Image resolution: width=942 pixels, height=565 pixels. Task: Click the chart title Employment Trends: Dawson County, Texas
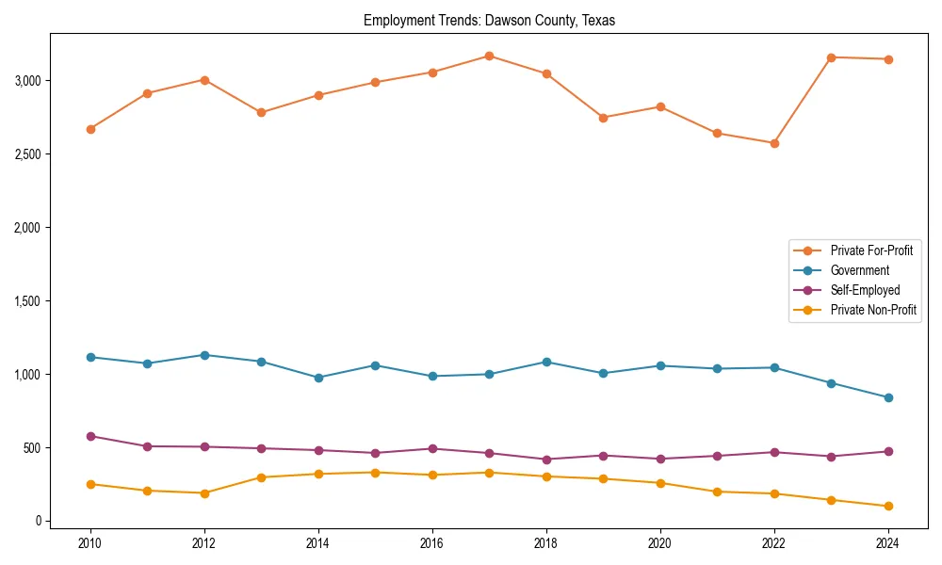click(x=489, y=21)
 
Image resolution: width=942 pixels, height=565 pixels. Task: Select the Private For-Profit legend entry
click(x=870, y=250)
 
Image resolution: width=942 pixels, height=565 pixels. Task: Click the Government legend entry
click(x=859, y=270)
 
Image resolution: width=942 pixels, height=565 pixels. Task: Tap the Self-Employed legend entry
click(x=865, y=290)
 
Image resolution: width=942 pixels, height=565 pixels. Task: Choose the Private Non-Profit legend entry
click(x=873, y=310)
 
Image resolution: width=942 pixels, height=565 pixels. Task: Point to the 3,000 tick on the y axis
click(x=28, y=80)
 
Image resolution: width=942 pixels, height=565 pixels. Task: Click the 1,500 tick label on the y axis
click(x=28, y=300)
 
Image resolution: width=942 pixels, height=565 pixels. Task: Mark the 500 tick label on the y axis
click(x=34, y=447)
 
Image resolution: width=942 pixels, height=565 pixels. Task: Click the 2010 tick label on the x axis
click(x=90, y=543)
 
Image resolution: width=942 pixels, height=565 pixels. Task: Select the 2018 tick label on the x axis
click(x=546, y=543)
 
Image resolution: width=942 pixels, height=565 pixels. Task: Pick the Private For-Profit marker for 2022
click(x=774, y=143)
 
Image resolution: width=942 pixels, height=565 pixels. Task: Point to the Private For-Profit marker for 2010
click(x=90, y=129)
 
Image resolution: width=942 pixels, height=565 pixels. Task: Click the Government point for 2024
click(x=888, y=397)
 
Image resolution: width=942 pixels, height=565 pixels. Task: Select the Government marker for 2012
click(x=204, y=355)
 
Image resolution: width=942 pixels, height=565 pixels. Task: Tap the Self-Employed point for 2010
click(x=90, y=436)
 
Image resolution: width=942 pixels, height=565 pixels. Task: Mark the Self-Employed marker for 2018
click(x=546, y=460)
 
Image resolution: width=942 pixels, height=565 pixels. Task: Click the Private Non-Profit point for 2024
click(x=888, y=507)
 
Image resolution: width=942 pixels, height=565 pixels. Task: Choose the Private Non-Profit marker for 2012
click(x=204, y=493)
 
